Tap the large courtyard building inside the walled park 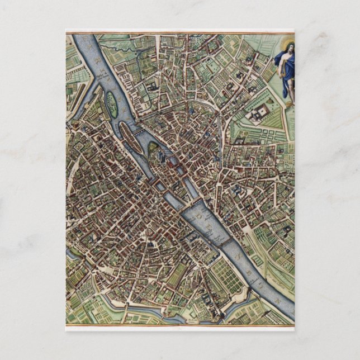tap(257, 115)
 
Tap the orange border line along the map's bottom tap(179, 325)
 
